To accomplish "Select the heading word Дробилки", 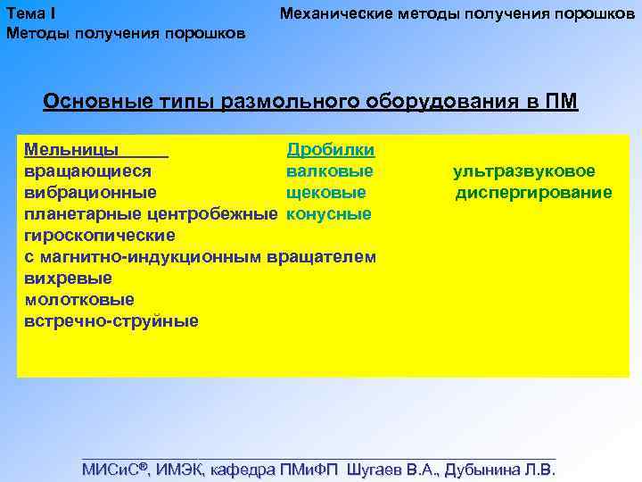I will click(330, 149).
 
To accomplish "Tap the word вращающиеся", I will click(87, 170).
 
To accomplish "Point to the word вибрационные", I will click(91, 192).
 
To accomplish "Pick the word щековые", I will click(325, 192).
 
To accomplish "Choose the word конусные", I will click(328, 213).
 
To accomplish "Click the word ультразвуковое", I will click(524, 170).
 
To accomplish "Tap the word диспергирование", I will click(533, 192).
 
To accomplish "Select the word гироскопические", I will click(100, 235).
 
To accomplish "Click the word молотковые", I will click(79, 299).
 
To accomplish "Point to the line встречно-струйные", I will click(111, 320).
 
